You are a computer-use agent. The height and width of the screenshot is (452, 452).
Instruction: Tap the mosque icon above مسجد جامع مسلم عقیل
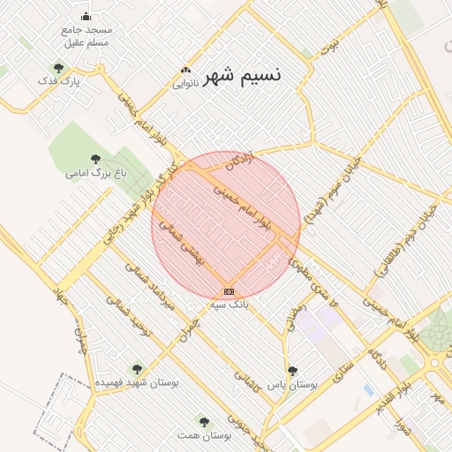click(x=86, y=16)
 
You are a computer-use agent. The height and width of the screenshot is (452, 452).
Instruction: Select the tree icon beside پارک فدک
click(x=58, y=68)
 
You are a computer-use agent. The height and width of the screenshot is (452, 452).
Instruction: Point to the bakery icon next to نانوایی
click(x=185, y=71)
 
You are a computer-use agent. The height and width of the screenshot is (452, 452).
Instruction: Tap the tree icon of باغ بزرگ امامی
click(x=95, y=159)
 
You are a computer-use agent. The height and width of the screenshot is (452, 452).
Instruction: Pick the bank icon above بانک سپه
click(x=230, y=291)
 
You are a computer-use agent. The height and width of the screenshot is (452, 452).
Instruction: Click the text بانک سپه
click(x=230, y=305)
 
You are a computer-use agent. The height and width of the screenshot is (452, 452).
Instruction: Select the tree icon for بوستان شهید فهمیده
click(x=136, y=369)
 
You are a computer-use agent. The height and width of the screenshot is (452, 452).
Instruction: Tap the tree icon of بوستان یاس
click(x=292, y=371)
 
